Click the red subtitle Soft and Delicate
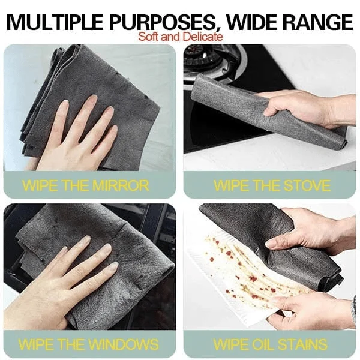pyautogui.click(x=181, y=37)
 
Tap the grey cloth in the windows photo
pyautogui.click(x=120, y=252)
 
